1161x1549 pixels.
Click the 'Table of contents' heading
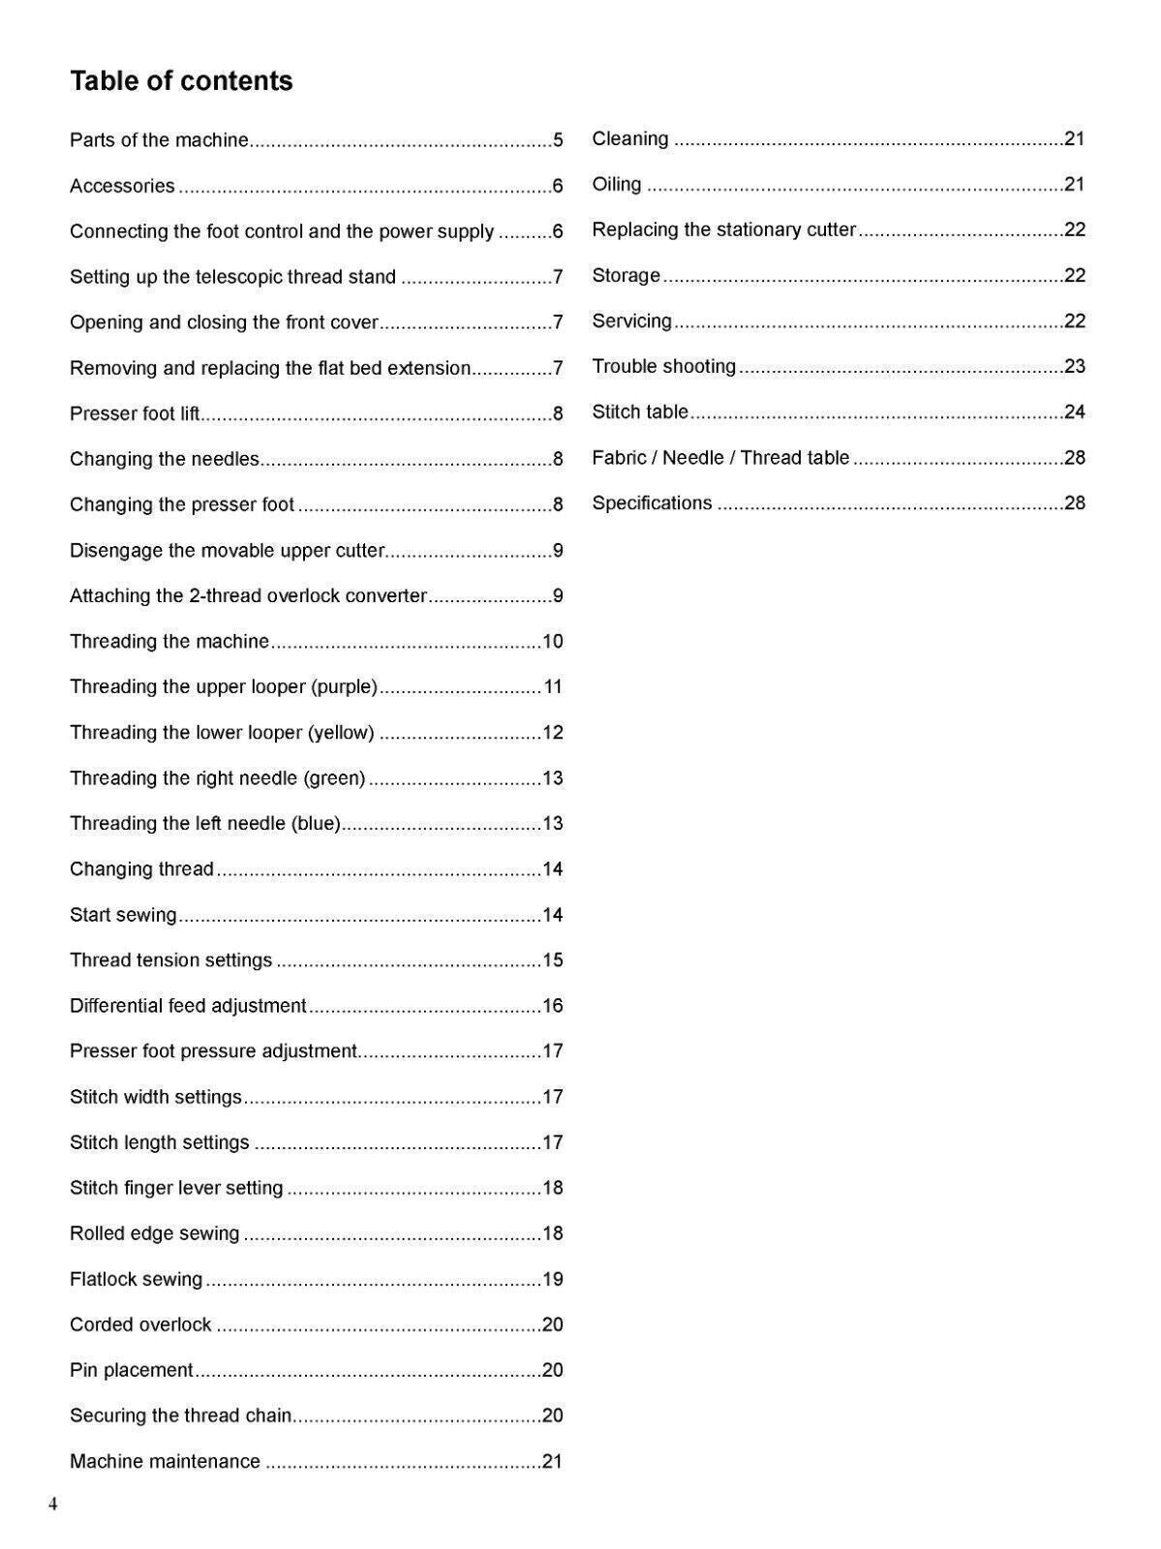pyautogui.click(x=181, y=80)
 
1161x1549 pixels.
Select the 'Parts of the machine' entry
pyautogui.click(x=159, y=140)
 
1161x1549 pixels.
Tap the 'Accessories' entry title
pyautogui.click(x=122, y=186)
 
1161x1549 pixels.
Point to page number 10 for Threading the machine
pyautogui.click(x=553, y=642)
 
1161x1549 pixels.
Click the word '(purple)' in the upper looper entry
pyautogui.click(x=344, y=687)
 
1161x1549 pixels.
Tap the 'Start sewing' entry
pyautogui.click(x=123, y=915)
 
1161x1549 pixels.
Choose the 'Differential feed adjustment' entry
pyautogui.click(x=188, y=1006)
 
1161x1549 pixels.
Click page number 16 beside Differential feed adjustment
pyautogui.click(x=553, y=1006)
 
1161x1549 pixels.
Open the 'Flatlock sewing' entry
pyautogui.click(x=136, y=1280)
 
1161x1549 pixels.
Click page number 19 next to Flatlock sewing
pyautogui.click(x=553, y=1280)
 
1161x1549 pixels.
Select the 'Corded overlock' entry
pyautogui.click(x=140, y=1325)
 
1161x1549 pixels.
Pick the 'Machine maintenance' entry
pyautogui.click(x=165, y=1462)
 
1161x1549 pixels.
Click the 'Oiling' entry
pyautogui.click(x=617, y=184)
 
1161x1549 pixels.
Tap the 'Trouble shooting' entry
pyautogui.click(x=664, y=366)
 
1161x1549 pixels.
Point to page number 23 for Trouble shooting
pyautogui.click(x=1075, y=366)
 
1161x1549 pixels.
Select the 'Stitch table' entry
pyautogui.click(x=640, y=411)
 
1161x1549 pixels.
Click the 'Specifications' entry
pyautogui.click(x=652, y=503)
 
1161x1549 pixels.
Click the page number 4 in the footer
pyautogui.click(x=53, y=1504)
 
